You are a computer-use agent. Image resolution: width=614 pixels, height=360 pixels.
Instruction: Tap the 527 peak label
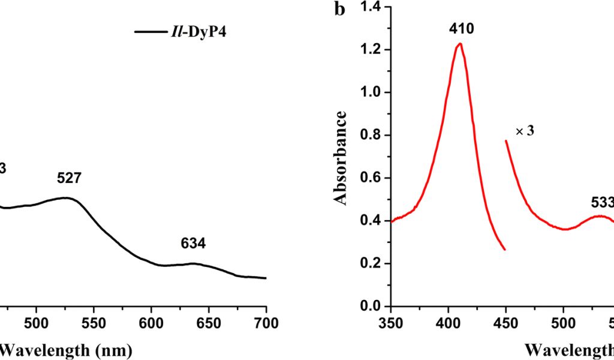coord(69,178)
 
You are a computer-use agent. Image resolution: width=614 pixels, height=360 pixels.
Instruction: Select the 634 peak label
coord(193,244)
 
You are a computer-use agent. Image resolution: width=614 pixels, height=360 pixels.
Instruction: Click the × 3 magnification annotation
coord(525,131)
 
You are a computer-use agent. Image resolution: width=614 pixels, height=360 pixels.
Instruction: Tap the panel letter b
coord(340,10)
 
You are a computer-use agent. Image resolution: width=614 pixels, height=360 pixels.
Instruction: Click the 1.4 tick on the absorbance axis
coord(372,7)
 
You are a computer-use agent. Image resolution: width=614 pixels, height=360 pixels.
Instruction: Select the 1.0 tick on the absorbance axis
coord(372,92)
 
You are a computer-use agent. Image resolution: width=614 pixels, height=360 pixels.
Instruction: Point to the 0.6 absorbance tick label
coord(372,178)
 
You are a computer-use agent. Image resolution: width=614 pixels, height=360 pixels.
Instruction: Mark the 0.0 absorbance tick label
coord(372,307)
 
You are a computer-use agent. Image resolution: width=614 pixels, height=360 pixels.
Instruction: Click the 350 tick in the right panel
coord(391,323)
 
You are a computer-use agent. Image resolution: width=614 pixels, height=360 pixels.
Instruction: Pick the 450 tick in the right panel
coord(506,323)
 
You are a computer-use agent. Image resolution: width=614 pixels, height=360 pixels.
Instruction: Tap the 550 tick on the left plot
coord(94,323)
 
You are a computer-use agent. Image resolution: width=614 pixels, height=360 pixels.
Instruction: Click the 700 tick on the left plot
coord(266,323)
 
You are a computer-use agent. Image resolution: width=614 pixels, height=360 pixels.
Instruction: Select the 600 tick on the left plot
coord(151,323)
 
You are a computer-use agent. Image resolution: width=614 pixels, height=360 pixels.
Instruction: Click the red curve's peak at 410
coord(460,44)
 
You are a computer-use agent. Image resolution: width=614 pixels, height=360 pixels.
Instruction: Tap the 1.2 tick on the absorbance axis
coord(372,50)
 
